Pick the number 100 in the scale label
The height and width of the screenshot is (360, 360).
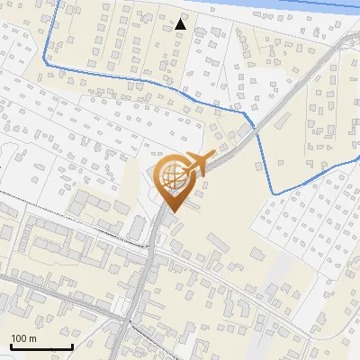click(21, 337)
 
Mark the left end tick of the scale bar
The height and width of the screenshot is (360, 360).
click(11, 345)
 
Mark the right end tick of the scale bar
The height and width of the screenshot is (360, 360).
click(72, 345)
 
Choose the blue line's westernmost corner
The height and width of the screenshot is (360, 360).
click(45, 65)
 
